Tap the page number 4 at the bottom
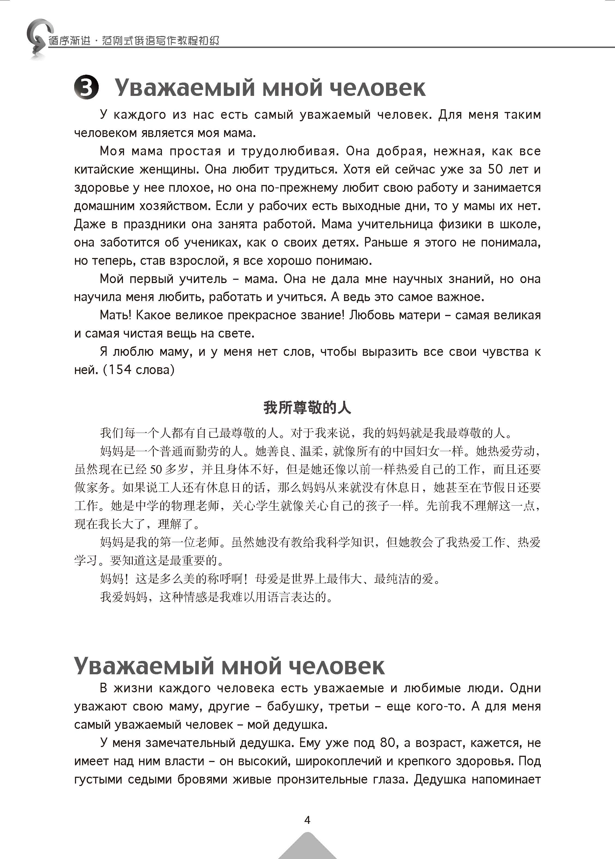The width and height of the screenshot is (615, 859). (307, 820)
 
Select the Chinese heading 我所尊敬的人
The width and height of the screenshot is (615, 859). (307, 408)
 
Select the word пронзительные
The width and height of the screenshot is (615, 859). (319, 779)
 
